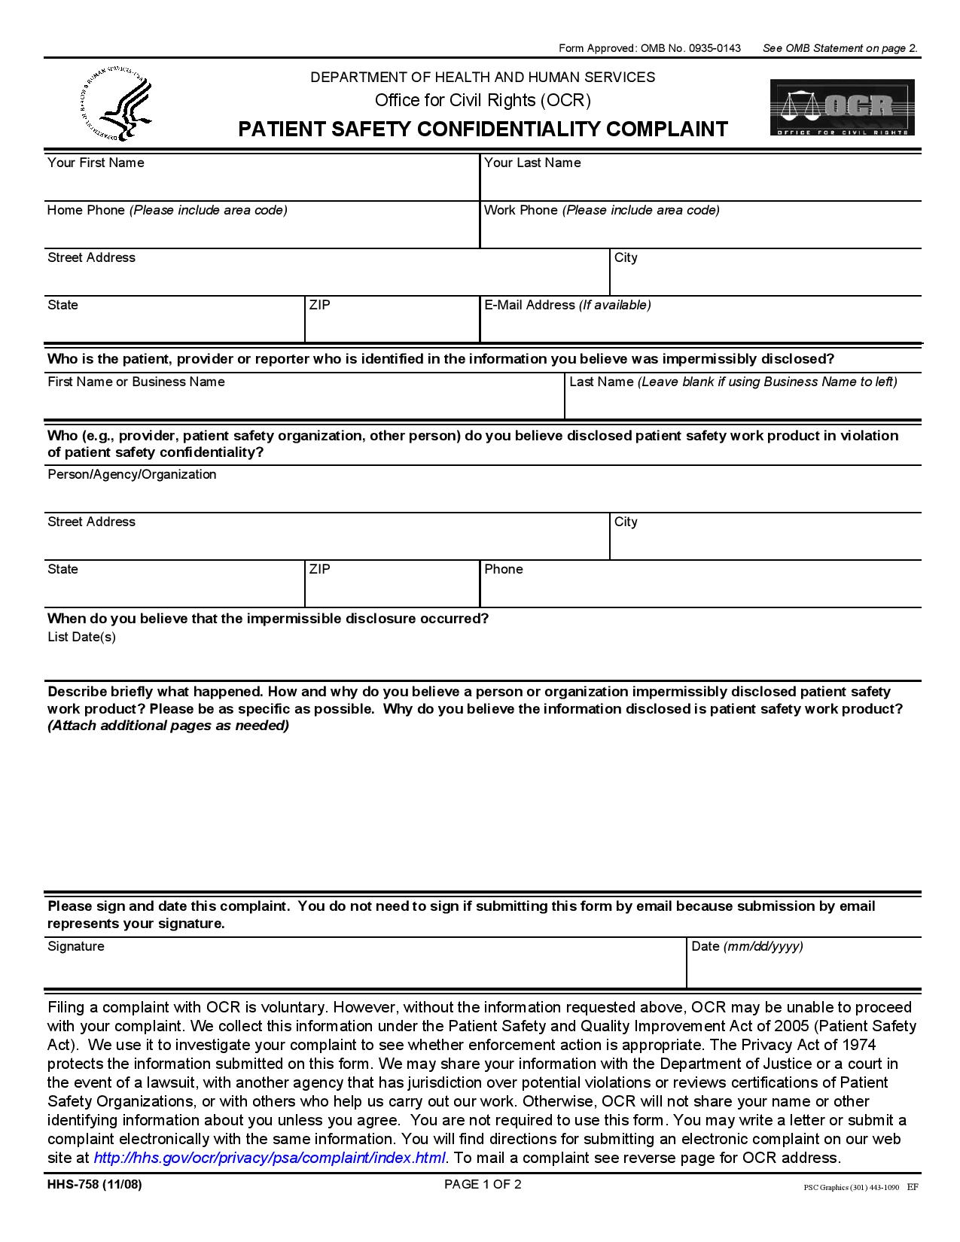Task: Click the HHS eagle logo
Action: [116, 103]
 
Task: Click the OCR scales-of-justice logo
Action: [842, 107]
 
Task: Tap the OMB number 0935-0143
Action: [712, 48]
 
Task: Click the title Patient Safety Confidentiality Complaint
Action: [483, 129]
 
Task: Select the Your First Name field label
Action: [96, 163]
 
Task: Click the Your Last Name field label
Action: [532, 163]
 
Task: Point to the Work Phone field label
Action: [601, 210]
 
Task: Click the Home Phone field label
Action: [167, 210]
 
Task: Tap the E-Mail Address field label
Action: [567, 305]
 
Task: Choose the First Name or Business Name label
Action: [136, 382]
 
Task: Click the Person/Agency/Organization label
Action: [132, 474]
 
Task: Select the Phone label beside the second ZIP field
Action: [503, 569]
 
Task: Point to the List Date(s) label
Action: [81, 637]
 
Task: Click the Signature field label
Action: [76, 946]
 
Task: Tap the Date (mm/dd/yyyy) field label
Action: [747, 946]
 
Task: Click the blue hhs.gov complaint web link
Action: [269, 1158]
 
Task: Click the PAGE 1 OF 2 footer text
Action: [483, 1184]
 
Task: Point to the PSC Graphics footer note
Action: [851, 1188]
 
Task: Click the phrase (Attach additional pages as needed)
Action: [168, 726]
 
